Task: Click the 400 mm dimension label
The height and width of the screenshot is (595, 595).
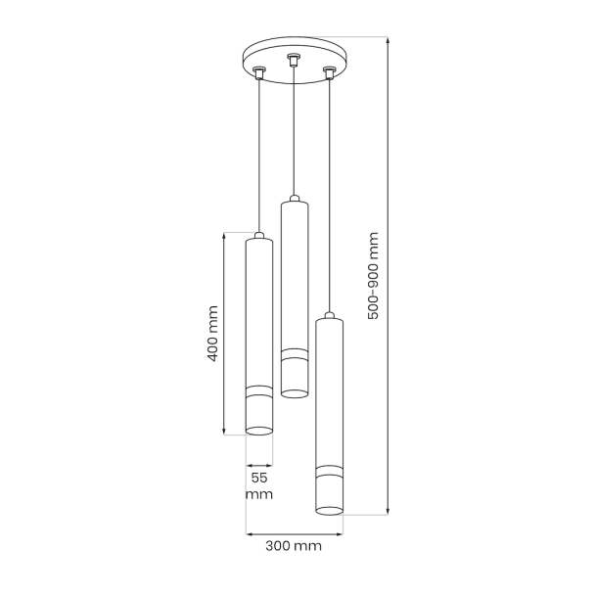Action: tap(213, 334)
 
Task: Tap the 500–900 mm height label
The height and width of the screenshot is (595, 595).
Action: tap(374, 276)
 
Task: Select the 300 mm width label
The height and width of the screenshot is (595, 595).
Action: tap(294, 546)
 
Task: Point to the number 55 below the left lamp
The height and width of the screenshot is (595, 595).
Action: tap(259, 478)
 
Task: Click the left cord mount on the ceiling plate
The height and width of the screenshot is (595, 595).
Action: tap(259, 72)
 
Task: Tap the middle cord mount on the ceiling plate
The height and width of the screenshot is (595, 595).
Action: tap(293, 60)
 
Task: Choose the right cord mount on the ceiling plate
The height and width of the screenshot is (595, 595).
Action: tap(329, 72)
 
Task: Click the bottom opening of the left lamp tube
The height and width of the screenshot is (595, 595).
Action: tap(259, 431)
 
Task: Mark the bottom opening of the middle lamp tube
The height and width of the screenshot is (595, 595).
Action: tap(295, 393)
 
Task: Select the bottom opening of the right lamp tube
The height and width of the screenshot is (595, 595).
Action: tap(330, 511)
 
